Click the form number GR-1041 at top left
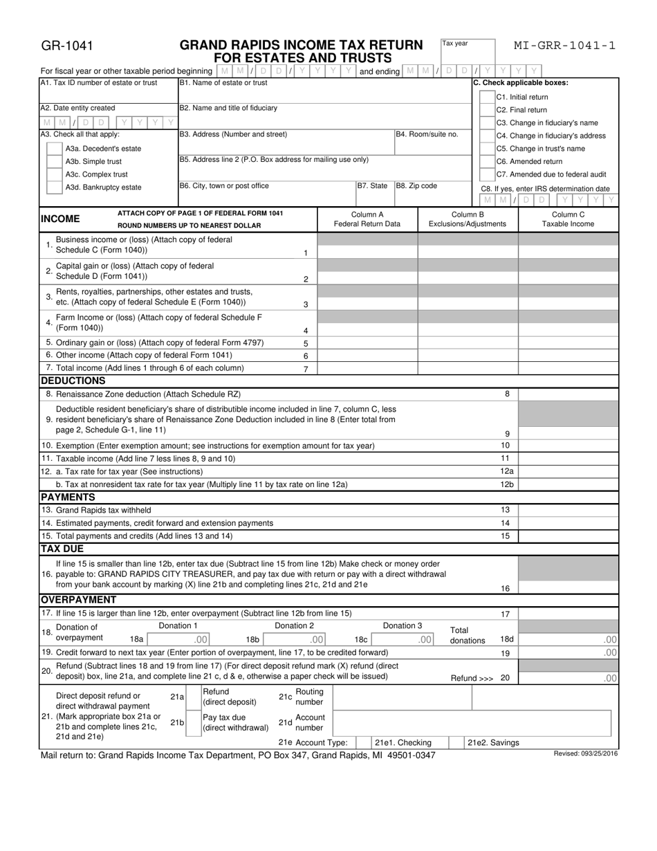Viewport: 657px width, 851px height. tap(66, 47)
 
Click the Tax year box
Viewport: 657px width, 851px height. tap(468, 52)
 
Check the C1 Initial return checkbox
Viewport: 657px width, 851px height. tap(486, 97)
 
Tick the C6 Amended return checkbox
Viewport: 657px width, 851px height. tap(486, 161)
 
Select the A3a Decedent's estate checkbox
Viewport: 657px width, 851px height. tap(53, 148)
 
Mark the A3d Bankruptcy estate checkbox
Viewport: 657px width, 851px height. tap(53, 187)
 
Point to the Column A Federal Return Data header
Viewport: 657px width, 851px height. tap(367, 219)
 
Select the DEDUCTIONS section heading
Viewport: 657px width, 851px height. tap(73, 381)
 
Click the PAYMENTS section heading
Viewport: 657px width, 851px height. tap(68, 497)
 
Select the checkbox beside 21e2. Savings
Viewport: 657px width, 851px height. tap(456, 742)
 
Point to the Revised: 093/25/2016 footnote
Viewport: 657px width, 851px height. tap(586, 753)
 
